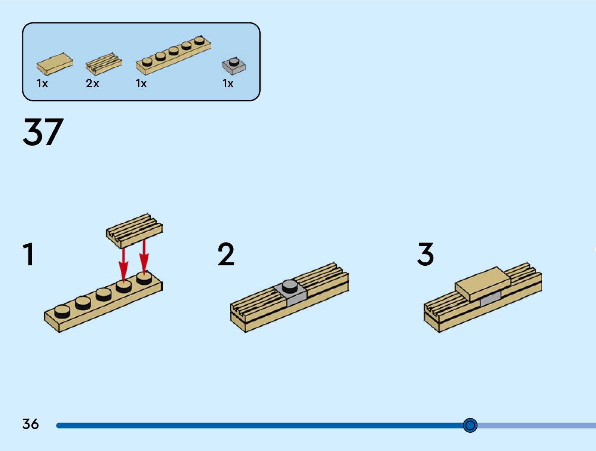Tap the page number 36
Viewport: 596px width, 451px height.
30,424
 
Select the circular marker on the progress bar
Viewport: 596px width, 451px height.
470,425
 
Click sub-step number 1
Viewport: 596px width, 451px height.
29,254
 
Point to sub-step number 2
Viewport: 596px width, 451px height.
226,254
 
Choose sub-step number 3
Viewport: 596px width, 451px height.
426,254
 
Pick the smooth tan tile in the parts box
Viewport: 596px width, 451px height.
55,63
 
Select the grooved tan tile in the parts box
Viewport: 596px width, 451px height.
104,64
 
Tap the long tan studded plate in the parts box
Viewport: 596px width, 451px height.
173,55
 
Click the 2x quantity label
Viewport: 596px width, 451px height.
92,83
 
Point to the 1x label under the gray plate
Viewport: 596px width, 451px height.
228,83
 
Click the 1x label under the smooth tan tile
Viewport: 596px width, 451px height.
42,83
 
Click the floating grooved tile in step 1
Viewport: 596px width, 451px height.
135,230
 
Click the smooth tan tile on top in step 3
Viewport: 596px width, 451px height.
482,283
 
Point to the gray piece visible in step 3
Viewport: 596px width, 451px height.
490,299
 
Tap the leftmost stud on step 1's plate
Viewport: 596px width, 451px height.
62,311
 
